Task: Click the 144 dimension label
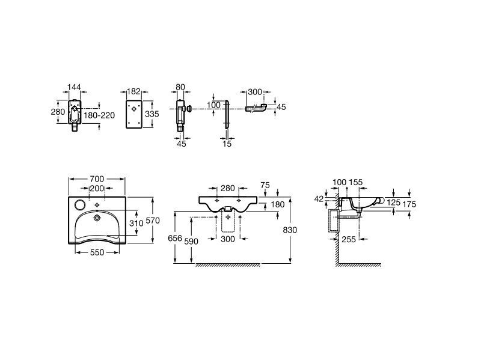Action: pyautogui.click(x=74, y=87)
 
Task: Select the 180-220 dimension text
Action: pyautogui.click(x=99, y=115)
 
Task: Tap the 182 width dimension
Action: pyautogui.click(x=133, y=91)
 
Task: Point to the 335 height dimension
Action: pyautogui.click(x=152, y=114)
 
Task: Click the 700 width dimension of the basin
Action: pyautogui.click(x=97, y=178)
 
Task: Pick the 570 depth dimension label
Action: pyautogui.click(x=153, y=221)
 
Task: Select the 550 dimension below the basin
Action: pyautogui.click(x=97, y=252)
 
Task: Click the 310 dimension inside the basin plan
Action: pyautogui.click(x=136, y=223)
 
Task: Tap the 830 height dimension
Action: pyautogui.click(x=290, y=230)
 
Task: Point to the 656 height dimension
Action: pyautogui.click(x=175, y=238)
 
